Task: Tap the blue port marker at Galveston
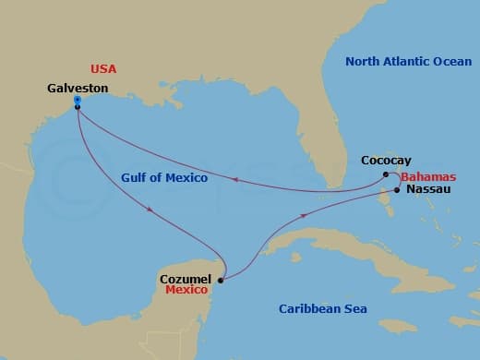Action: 78,100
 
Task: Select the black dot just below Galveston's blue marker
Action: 78,107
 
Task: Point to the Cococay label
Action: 385,160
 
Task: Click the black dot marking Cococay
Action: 386,174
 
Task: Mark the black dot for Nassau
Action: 397,190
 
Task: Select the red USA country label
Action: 103,69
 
